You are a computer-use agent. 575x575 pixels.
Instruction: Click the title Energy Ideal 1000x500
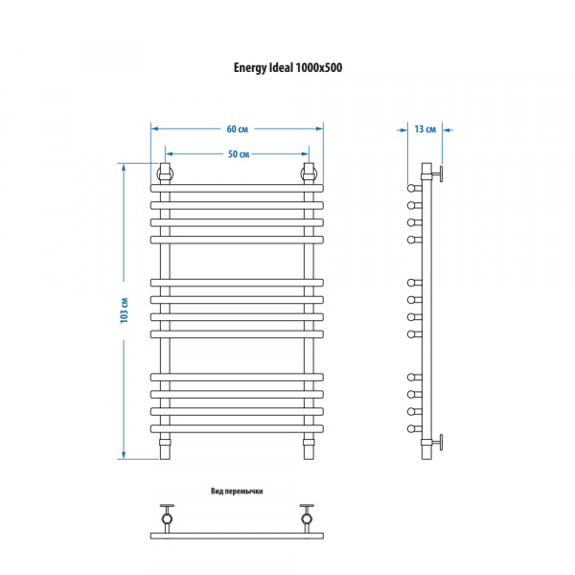(287, 68)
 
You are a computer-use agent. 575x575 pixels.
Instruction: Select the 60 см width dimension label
(238, 129)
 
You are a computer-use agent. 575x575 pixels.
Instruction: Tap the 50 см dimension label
(239, 154)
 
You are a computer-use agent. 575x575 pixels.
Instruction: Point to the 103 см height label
(124, 310)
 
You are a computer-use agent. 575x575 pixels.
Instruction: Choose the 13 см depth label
(425, 129)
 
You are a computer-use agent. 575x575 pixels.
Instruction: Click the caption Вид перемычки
(237, 491)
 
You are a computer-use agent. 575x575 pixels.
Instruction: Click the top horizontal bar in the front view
(237, 189)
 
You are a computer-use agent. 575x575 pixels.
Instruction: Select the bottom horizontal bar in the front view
(237, 428)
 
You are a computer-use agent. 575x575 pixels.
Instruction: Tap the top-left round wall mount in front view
(166, 173)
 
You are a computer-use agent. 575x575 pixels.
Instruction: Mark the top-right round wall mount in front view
(309, 173)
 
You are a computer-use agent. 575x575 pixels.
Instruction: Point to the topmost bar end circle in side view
(411, 189)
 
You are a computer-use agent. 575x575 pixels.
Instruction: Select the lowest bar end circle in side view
(411, 428)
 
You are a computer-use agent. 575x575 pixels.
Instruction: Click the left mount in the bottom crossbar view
(167, 518)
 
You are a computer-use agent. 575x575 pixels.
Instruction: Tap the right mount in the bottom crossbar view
(307, 518)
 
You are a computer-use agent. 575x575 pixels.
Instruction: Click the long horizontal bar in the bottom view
(237, 536)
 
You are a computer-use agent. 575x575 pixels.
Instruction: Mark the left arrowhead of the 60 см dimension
(154, 128)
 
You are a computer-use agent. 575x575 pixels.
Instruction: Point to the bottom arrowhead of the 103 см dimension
(124, 454)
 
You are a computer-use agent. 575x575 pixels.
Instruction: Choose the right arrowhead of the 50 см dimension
(305, 154)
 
